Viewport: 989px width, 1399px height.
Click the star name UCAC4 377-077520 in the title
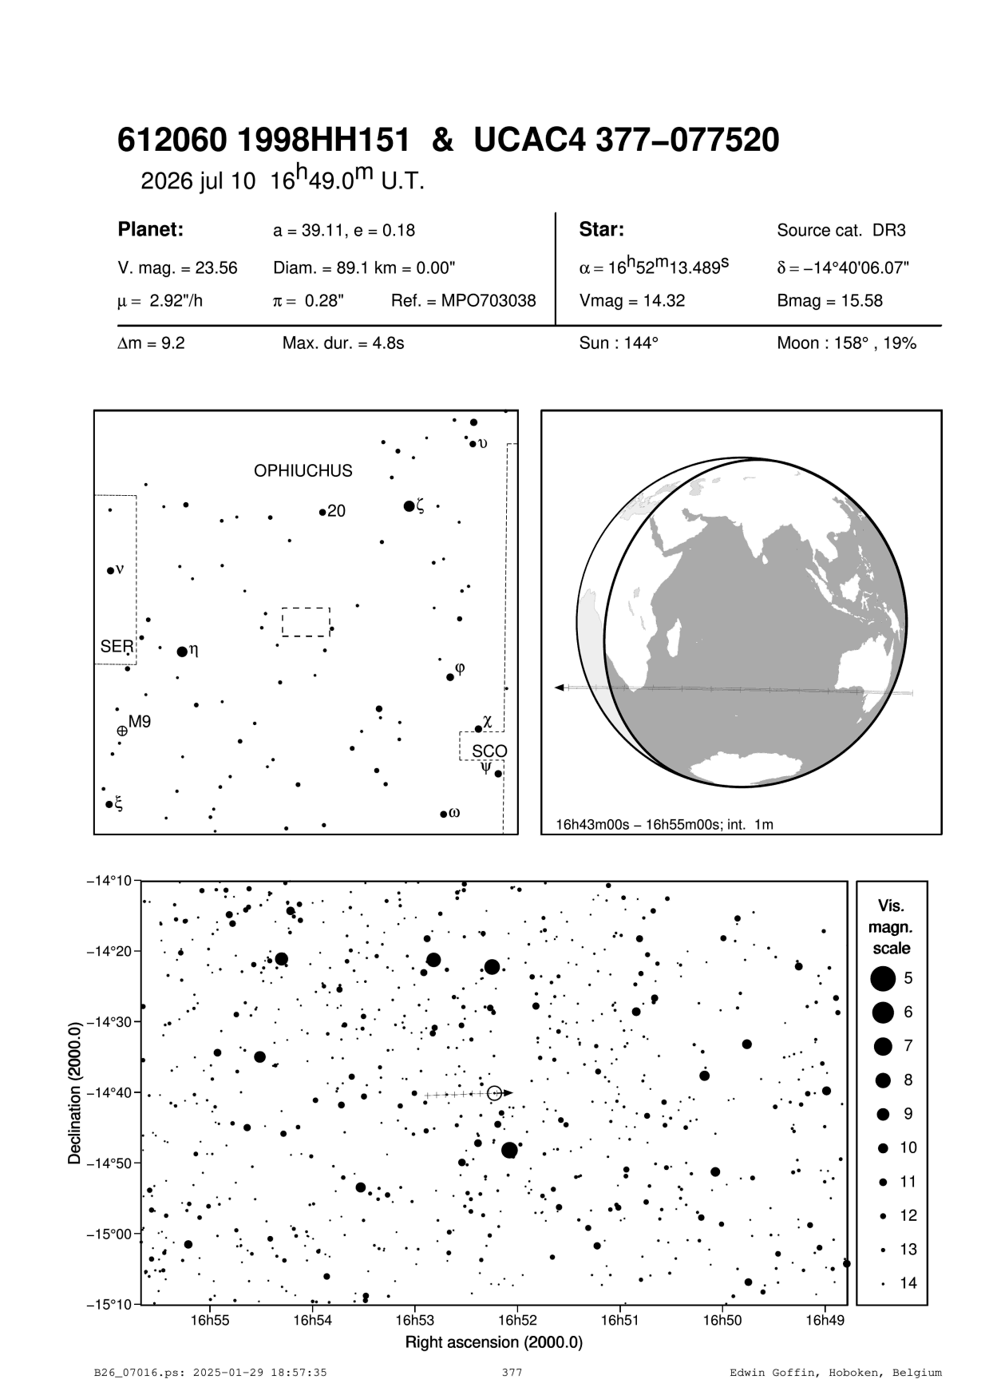[627, 141]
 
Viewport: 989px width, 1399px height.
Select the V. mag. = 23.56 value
[177, 268]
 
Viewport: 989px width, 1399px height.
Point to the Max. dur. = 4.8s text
[343, 344]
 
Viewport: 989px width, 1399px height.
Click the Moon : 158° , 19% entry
[846, 344]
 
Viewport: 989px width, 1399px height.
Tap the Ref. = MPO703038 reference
[463, 301]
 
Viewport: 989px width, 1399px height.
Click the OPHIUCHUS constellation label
[303, 471]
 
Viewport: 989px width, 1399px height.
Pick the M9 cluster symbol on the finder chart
[122, 730]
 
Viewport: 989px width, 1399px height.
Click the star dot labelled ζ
[409, 506]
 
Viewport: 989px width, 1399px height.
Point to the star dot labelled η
[182, 652]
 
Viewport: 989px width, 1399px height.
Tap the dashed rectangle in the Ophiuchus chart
[306, 621]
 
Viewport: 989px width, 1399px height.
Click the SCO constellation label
[489, 751]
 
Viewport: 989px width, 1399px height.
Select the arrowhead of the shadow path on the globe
[560, 688]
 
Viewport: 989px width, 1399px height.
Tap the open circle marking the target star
[494, 1092]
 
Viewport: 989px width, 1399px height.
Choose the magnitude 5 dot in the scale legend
[882, 977]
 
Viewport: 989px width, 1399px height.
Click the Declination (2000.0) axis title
[75, 1092]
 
